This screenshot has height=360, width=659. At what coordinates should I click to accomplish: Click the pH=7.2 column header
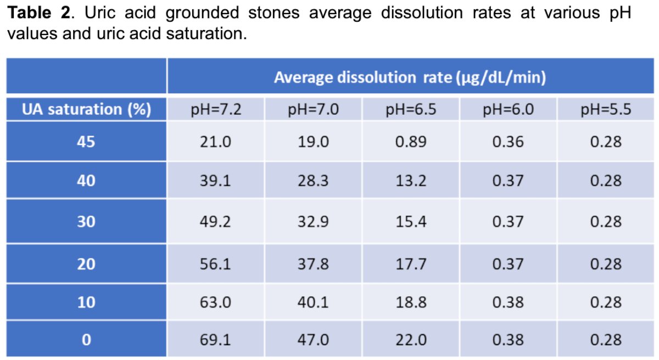click(x=216, y=109)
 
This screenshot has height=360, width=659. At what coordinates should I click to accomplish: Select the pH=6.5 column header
click(x=411, y=109)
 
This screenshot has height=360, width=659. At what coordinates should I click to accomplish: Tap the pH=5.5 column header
click(x=606, y=109)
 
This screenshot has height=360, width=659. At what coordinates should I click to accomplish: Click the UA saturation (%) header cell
click(x=87, y=109)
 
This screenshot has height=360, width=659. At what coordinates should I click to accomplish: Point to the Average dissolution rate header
click(x=410, y=77)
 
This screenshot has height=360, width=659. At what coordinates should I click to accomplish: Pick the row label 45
click(x=86, y=142)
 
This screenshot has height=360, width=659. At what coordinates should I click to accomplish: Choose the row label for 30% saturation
click(x=86, y=222)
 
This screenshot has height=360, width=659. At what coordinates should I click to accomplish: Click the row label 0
click(x=86, y=340)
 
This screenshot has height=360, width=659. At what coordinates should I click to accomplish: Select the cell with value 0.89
click(x=411, y=142)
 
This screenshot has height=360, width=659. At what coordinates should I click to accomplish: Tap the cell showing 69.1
click(x=215, y=340)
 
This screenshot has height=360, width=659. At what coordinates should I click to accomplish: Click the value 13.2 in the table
click(x=411, y=181)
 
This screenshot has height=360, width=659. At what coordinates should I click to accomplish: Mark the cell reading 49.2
click(x=215, y=222)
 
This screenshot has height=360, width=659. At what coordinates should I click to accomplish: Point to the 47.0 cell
click(x=313, y=340)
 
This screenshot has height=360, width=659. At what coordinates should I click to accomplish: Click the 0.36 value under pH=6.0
click(x=508, y=142)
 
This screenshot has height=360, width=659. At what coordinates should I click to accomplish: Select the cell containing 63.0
click(x=215, y=302)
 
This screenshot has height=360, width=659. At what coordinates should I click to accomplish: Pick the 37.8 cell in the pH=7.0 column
click(x=313, y=264)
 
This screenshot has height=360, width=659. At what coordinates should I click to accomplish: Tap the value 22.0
click(x=411, y=340)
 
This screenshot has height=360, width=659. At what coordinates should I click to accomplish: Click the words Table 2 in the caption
click(x=39, y=13)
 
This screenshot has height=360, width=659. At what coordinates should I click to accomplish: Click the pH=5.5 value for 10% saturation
click(x=606, y=302)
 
